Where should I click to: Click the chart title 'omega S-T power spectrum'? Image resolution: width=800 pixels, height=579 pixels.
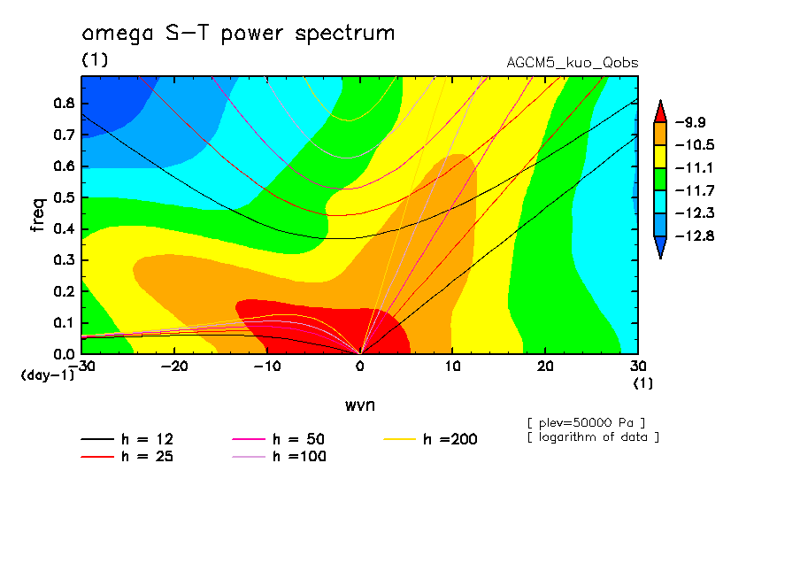click(238, 34)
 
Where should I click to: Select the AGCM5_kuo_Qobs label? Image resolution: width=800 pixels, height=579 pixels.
click(572, 63)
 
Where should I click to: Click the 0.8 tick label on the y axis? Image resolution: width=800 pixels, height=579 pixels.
click(64, 103)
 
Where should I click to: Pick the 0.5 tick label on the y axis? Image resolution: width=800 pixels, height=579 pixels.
click(64, 197)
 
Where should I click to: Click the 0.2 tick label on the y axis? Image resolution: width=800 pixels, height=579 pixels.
click(64, 291)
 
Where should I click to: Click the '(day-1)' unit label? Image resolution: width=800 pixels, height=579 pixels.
click(47, 375)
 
